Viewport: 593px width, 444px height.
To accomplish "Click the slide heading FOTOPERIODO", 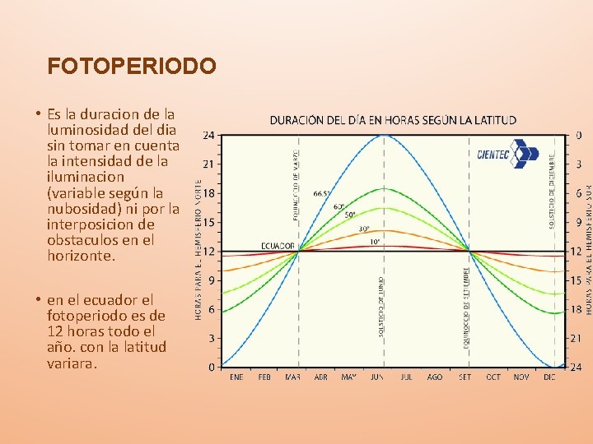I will coord(132,66).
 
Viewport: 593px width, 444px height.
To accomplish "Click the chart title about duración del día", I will coord(393,120).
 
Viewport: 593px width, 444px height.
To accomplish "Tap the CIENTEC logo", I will coord(507,154).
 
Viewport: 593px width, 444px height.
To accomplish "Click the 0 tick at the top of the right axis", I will coord(579,135).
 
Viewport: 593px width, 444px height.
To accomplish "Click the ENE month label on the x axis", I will coord(236,377).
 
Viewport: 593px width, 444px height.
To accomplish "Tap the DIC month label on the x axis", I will coord(550,377).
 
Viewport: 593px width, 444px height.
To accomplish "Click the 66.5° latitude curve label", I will coord(322,194).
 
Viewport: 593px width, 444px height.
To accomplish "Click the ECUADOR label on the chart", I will coord(278,245).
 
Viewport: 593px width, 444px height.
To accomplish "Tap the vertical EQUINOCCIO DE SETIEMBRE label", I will coord(467,306).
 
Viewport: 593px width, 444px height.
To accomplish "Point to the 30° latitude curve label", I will coord(363,229).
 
